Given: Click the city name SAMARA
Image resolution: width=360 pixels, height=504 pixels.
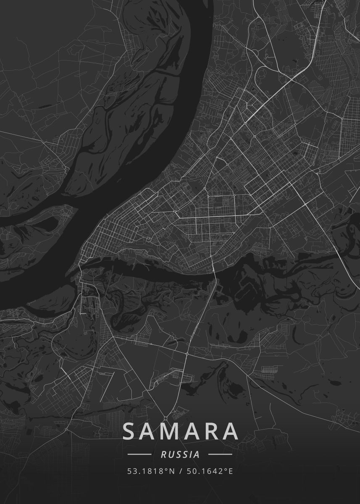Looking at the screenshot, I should pos(181,431).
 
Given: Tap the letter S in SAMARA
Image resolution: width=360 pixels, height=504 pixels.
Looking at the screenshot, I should pos(130,431).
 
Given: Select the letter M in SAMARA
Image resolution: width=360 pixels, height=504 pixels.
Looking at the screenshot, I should pos(171,431).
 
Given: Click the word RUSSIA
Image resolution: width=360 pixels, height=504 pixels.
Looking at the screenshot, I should pos(180,454).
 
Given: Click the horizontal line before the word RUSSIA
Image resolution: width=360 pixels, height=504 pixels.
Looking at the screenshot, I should pos(139,454).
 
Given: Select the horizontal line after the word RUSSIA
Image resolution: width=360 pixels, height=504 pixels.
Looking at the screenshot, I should pos(220,454).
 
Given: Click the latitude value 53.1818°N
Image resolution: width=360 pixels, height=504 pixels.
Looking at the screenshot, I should pos(150,471).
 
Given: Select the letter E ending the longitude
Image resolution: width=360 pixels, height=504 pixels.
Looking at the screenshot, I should pos(230,471).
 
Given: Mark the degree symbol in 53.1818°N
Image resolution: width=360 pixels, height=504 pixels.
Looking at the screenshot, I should pos(166,470).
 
